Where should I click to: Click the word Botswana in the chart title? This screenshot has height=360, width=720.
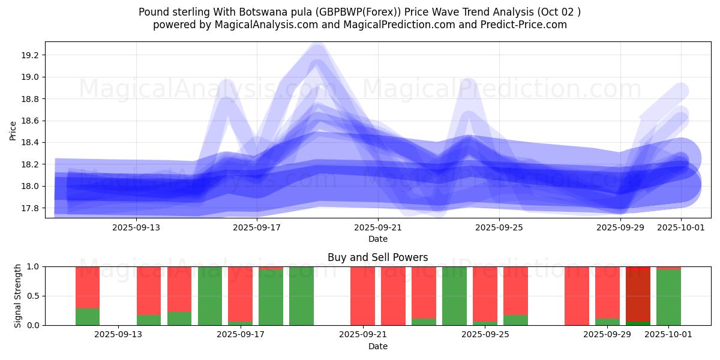pyautogui.click(x=268, y=12)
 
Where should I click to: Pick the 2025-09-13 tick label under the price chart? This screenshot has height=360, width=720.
pyautogui.click(x=136, y=227)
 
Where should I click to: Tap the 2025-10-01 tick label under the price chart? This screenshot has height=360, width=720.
pyautogui.click(x=681, y=227)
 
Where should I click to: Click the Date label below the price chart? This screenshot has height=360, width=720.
pyautogui.click(x=378, y=239)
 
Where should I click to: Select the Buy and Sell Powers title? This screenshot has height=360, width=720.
pyautogui.click(x=378, y=257)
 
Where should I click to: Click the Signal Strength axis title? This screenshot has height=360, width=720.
pyautogui.click(x=18, y=296)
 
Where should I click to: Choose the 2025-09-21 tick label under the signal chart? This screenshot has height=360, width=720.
pyautogui.click(x=362, y=335)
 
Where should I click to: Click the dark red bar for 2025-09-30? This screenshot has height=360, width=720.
pyautogui.click(x=638, y=294)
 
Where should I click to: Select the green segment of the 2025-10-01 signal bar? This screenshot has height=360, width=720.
pyautogui.click(x=668, y=298)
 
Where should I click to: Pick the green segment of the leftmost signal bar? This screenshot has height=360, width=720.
pyautogui.click(x=88, y=317)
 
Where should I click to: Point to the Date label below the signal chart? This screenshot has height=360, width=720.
pyautogui.click(x=378, y=346)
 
